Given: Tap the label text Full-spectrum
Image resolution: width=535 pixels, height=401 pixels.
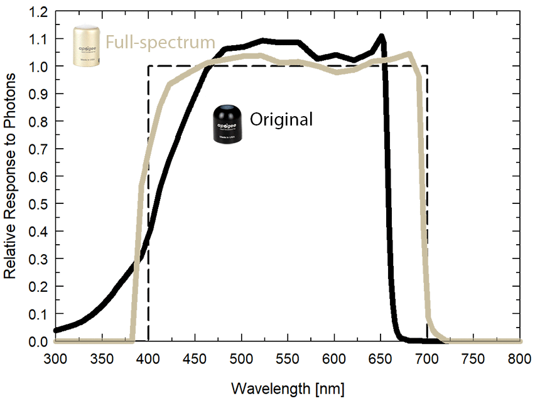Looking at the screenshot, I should (x=160, y=43).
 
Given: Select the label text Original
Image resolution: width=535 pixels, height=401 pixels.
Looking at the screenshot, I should (x=281, y=119).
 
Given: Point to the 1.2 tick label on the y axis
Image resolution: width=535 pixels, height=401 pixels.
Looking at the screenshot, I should (x=38, y=11).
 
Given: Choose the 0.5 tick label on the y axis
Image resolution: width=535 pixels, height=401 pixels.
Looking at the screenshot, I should (x=38, y=204).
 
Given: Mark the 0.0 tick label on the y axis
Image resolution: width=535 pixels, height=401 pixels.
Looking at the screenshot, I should (x=38, y=341).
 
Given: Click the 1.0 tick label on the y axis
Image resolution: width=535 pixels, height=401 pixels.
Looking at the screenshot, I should (x=38, y=67).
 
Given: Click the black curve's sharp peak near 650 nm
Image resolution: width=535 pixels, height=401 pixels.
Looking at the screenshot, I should (x=381, y=36).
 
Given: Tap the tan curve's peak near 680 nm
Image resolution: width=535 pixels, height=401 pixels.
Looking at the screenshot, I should (x=409, y=54).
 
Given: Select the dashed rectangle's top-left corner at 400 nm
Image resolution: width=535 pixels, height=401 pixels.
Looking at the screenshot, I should (x=148, y=66).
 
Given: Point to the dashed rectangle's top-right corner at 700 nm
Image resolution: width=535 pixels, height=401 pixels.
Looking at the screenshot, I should (x=428, y=66).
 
